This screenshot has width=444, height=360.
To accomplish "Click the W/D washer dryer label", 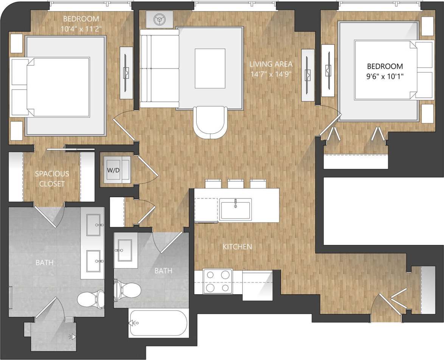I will click(x=113, y=170).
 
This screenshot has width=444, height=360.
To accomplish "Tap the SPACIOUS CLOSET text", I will click(x=52, y=179).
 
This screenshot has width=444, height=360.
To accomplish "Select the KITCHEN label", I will click(x=237, y=247).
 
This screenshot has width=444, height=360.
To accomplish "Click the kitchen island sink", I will click(x=236, y=209).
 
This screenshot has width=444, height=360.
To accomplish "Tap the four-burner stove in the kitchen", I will click(x=217, y=281).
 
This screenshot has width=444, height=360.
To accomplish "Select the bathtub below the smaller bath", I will click(x=158, y=323).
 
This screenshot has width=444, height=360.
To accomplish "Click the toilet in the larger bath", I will click(x=92, y=299).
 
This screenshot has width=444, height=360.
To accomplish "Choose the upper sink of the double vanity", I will click(x=93, y=225).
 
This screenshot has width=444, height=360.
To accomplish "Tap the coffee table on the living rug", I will click(x=210, y=68).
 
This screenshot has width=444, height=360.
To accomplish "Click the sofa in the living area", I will click(x=159, y=69).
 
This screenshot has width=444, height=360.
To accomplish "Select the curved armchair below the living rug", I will click(x=210, y=122).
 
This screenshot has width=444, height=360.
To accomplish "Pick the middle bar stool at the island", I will click(x=236, y=184).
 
